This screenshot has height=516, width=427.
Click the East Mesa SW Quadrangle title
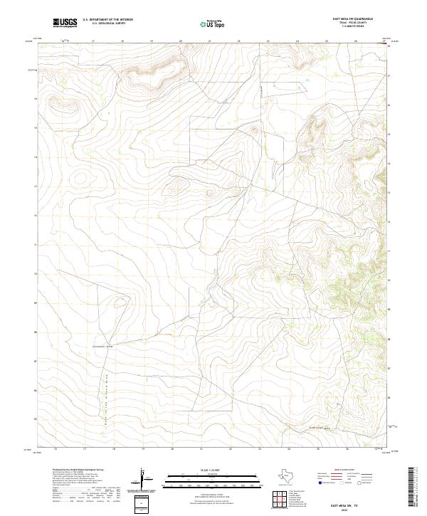pyautogui.click(x=362, y=18)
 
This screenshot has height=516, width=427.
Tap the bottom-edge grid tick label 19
pyautogui.click(x=142, y=449)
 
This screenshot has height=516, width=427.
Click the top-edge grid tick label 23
pyautogui.click(x=268, y=41)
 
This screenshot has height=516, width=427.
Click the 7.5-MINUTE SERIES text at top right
pyautogui.click(x=362, y=28)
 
